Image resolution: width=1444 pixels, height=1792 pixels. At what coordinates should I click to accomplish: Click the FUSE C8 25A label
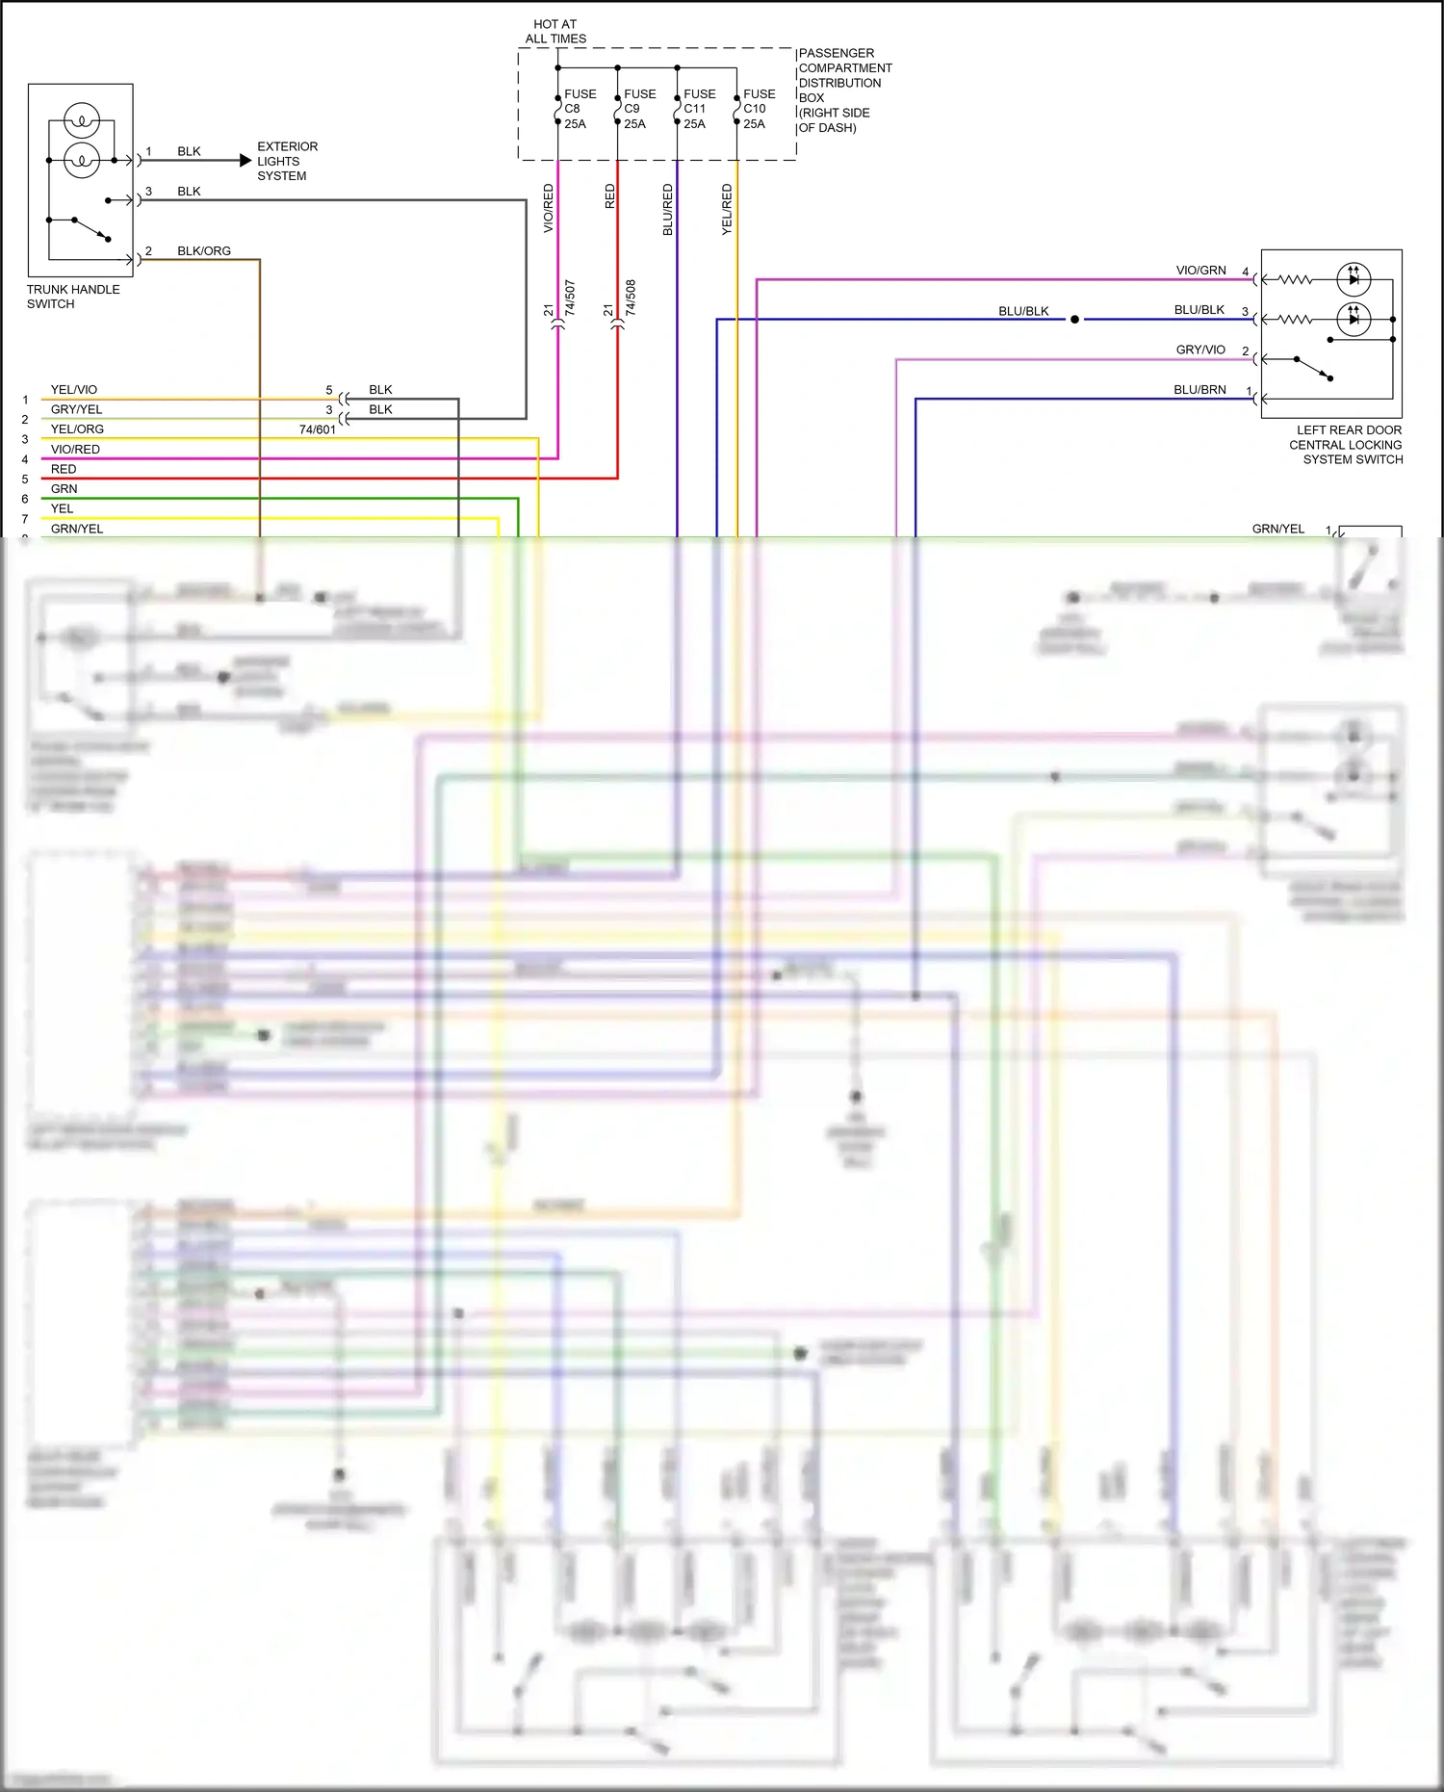coord(580,109)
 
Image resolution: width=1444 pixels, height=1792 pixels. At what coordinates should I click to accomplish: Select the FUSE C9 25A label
coord(639,109)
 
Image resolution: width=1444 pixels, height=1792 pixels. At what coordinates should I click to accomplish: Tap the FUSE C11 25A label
coord(699,109)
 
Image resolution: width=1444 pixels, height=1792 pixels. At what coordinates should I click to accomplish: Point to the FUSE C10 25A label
coord(759,109)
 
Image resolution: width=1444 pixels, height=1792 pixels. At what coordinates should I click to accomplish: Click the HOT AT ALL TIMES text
coord(555,32)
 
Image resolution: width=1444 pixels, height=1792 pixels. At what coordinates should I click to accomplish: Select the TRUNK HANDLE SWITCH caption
coord(73,297)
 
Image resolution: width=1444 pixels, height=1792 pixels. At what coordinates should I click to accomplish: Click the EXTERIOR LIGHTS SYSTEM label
coord(287,161)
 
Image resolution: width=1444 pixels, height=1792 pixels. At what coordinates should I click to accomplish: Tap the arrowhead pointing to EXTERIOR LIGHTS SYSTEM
coord(245,161)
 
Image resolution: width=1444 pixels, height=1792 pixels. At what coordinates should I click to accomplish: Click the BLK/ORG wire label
coord(204,251)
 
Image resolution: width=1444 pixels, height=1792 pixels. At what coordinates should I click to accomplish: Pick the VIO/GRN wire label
coord(1200,271)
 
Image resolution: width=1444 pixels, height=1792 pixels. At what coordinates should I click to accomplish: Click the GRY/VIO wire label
coord(1200,350)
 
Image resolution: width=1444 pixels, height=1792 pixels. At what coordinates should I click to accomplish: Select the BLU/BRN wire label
coord(1199,390)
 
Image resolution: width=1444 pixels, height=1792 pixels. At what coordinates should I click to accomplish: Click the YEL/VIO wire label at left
coord(74,390)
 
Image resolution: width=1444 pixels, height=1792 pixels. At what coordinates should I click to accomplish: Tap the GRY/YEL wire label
coord(76,409)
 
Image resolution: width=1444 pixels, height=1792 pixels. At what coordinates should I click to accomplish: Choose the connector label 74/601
coord(318,429)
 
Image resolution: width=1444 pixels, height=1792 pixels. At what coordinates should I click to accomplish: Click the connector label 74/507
coord(570,298)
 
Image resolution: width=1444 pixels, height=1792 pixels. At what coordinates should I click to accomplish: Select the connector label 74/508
coord(631,298)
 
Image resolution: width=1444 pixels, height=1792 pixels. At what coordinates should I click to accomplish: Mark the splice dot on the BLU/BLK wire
coord(1074,320)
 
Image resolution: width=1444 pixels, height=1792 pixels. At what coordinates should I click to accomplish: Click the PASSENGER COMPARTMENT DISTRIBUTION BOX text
coord(844,90)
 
